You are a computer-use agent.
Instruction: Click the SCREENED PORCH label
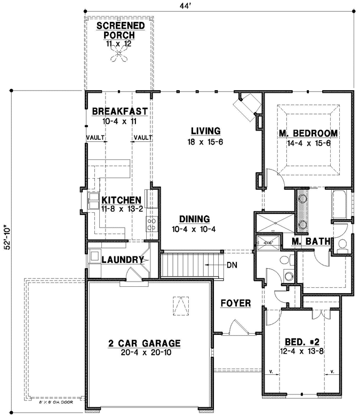(x=119, y=30)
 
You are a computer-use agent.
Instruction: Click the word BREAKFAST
(x=119, y=111)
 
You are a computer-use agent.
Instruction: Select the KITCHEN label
(x=122, y=198)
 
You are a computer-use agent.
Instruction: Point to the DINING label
(x=194, y=219)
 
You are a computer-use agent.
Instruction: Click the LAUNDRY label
(x=123, y=260)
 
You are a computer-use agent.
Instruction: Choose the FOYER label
(x=235, y=303)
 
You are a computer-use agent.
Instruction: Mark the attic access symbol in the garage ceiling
(x=180, y=305)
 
